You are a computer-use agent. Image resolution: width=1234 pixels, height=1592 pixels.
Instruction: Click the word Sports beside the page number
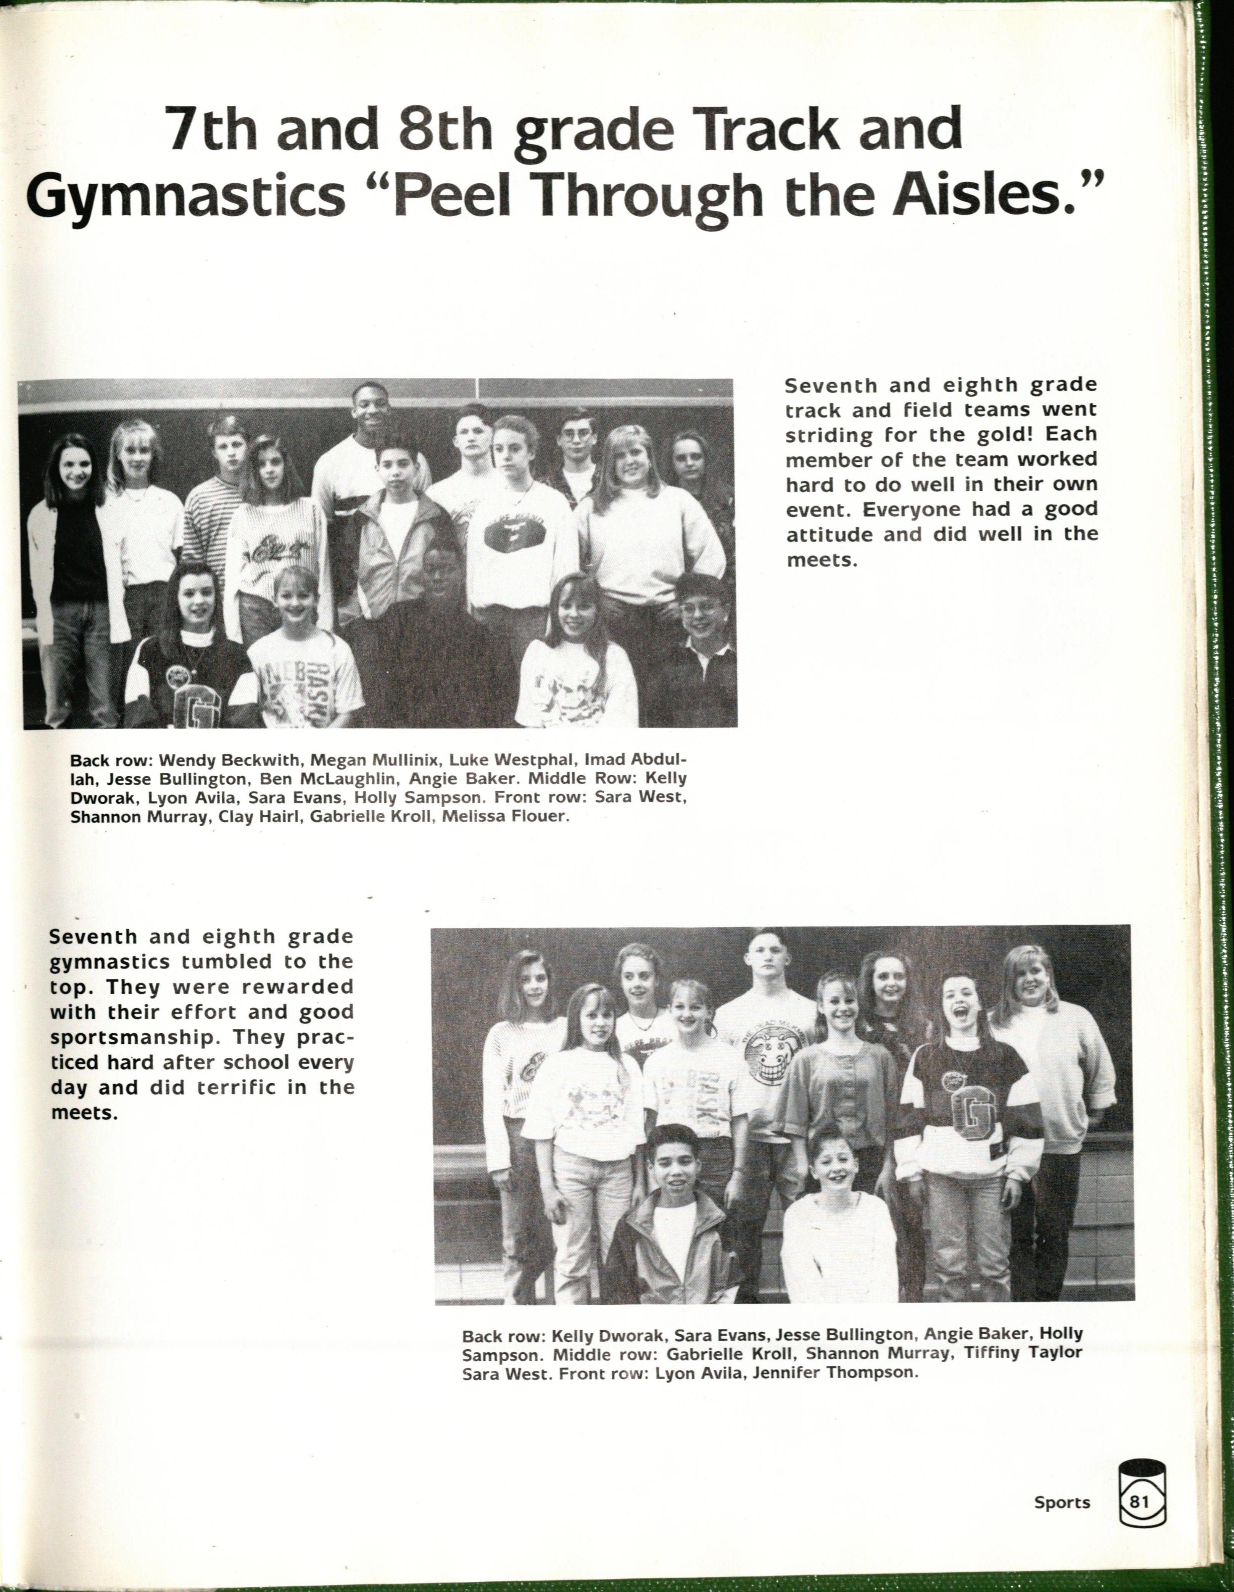click(1061, 1502)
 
